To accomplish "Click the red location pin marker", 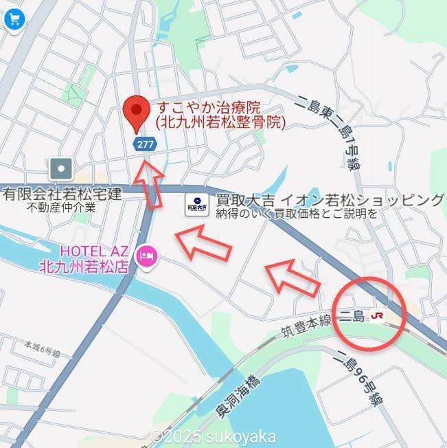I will point(137,113).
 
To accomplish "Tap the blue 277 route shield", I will point(144,144).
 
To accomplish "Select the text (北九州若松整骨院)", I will point(220,123).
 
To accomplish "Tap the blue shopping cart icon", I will point(13,19).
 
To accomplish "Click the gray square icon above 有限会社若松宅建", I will point(61,168).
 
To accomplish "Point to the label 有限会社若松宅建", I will point(61,194).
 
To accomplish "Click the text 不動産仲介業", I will point(61,206).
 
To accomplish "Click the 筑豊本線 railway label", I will point(306,326).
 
